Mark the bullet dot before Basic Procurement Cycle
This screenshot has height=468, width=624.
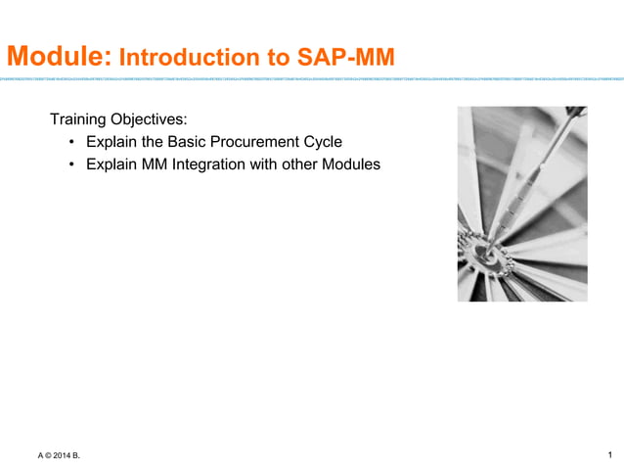72,143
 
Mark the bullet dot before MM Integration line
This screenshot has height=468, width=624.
72,165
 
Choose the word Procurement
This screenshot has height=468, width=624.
247,143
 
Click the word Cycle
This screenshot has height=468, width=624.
320,143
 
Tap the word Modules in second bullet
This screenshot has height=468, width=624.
350,165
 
